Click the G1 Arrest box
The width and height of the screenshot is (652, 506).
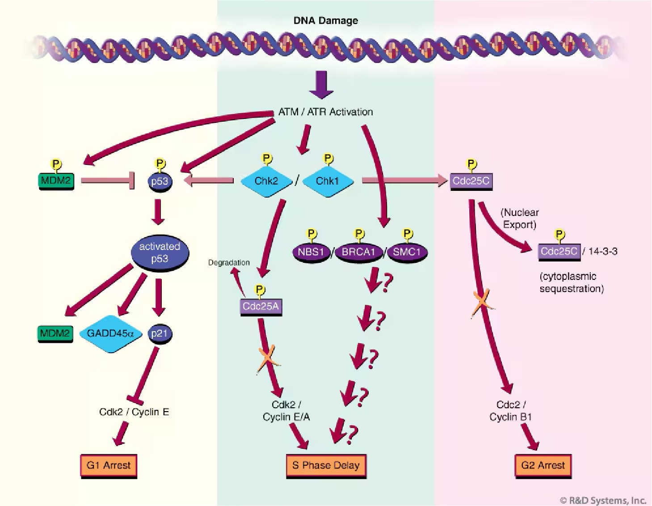109,465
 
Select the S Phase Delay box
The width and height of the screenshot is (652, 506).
326,465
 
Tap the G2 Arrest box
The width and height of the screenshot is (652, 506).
543,465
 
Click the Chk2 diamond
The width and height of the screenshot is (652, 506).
266,181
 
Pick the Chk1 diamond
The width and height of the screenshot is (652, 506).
328,181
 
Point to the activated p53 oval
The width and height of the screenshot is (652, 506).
160,253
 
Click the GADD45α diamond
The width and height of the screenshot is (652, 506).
110,333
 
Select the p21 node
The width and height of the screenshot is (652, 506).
160,333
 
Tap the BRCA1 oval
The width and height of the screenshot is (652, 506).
358,252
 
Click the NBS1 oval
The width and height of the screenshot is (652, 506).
311,252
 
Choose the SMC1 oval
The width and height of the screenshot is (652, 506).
407,252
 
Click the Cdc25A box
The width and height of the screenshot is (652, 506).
261,306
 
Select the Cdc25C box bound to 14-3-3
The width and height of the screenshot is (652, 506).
559,251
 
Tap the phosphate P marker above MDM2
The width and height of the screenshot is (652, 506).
56,164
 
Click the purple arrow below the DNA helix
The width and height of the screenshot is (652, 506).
321,84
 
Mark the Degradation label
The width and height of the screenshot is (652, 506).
229,262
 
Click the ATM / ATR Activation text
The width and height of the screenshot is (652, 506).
325,112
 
